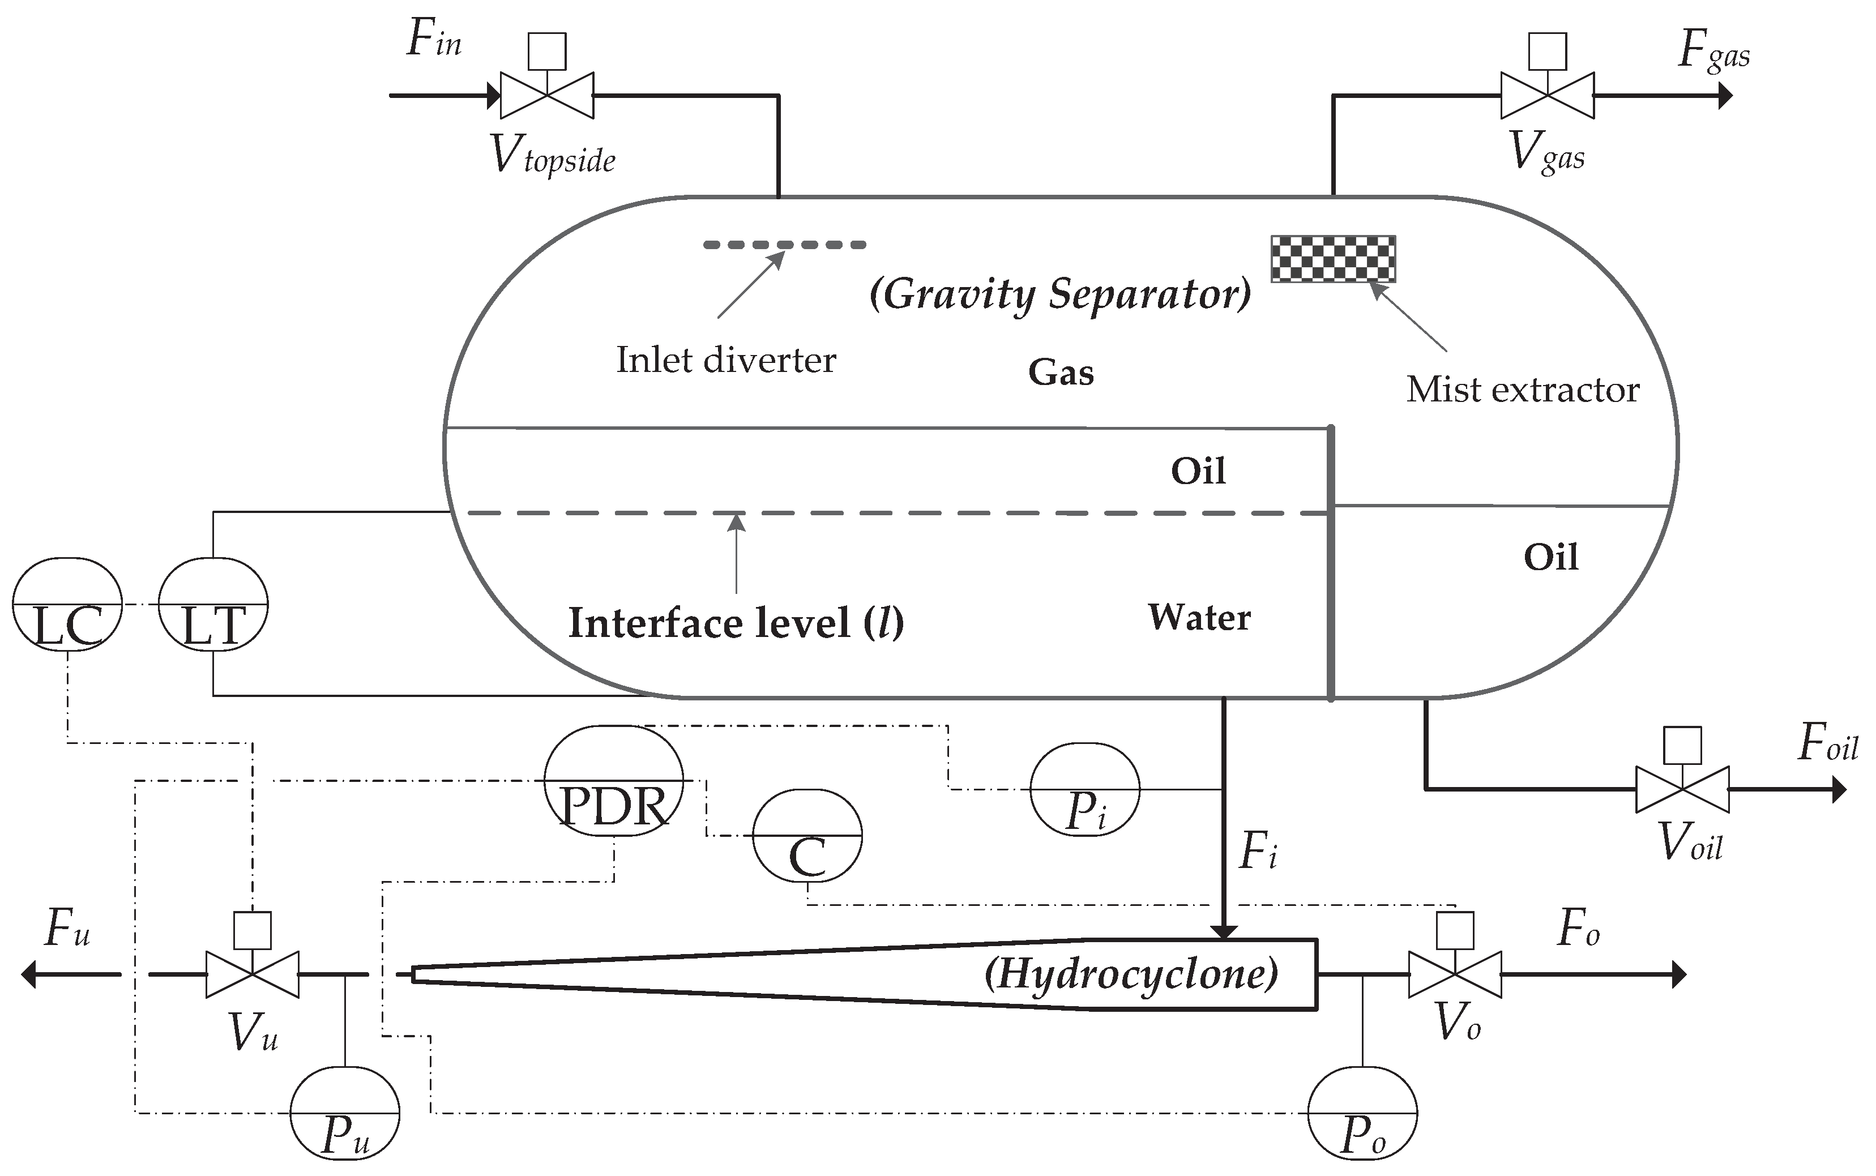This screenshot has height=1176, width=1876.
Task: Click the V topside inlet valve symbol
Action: [547, 95]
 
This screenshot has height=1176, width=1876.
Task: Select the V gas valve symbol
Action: [1546, 95]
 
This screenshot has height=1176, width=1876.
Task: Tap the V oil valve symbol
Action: [1682, 789]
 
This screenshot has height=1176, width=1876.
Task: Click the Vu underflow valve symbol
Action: [252, 974]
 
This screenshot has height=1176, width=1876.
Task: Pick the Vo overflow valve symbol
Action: [1455, 974]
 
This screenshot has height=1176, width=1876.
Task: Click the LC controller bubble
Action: [67, 604]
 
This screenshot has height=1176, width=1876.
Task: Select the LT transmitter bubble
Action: [213, 604]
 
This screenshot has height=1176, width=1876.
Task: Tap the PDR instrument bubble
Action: [613, 780]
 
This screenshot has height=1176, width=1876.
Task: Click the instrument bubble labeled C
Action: [806, 835]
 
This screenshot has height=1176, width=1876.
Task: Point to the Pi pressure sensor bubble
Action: [1084, 789]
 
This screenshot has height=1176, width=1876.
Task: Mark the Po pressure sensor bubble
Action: [1362, 1114]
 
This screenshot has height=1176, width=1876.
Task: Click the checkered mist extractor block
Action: [1332, 258]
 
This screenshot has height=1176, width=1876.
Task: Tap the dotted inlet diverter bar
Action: [784, 245]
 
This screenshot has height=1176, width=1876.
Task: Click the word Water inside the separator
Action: [1199, 618]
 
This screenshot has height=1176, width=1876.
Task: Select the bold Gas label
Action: [1061, 373]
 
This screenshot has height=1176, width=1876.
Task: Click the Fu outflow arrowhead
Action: [29, 974]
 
